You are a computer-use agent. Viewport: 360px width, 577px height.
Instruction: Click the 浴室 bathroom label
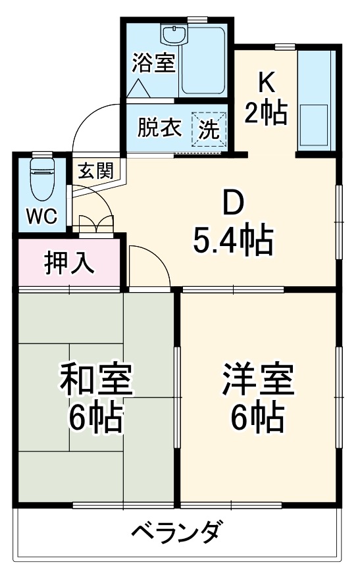pos(153,63)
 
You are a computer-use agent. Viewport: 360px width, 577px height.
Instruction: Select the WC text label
pos(41,216)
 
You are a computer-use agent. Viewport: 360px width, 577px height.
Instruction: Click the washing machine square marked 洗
pos(209,128)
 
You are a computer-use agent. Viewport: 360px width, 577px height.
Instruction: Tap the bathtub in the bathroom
pos(204,60)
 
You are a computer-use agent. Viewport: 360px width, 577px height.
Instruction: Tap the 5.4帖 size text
pos(232,241)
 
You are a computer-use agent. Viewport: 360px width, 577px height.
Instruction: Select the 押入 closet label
pos(69,263)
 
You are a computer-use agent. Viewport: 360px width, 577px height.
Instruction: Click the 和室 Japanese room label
pos(97,380)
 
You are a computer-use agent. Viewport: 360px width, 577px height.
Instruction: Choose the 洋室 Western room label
pos(257,380)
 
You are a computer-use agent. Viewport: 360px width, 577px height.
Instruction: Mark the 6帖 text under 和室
pos(97,415)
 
